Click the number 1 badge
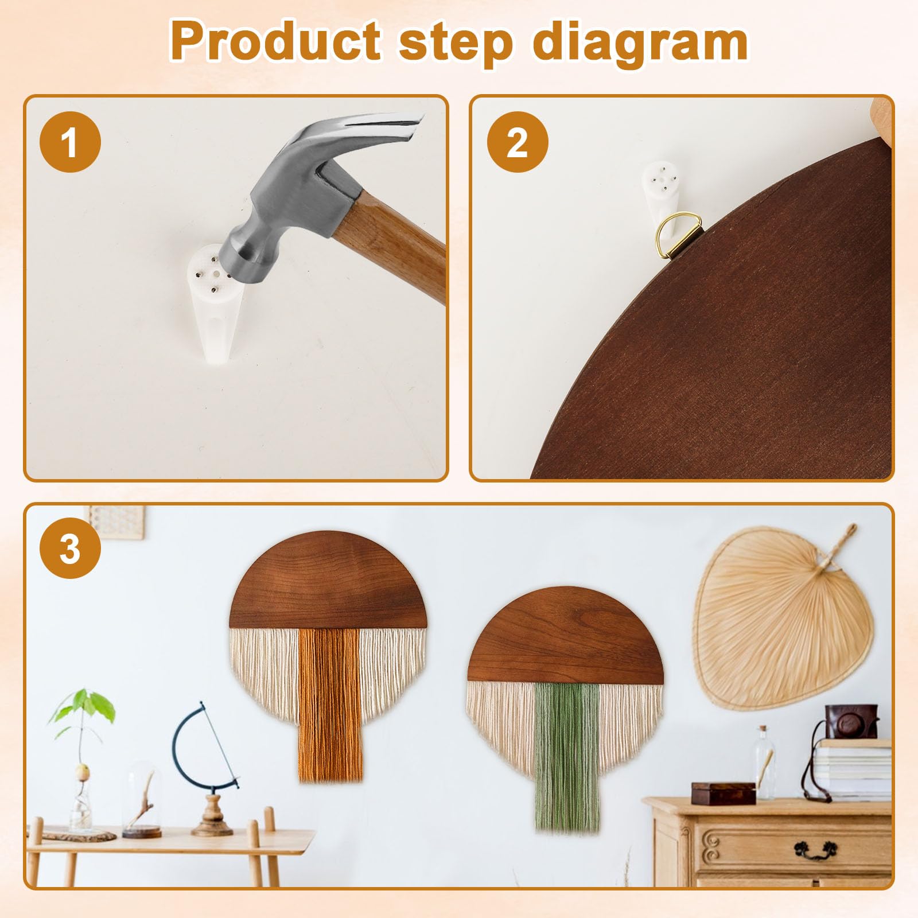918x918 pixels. (x=70, y=142)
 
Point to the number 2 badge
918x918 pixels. (x=518, y=142)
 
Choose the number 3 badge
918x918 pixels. (x=70, y=548)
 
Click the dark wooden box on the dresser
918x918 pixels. (x=723, y=792)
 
